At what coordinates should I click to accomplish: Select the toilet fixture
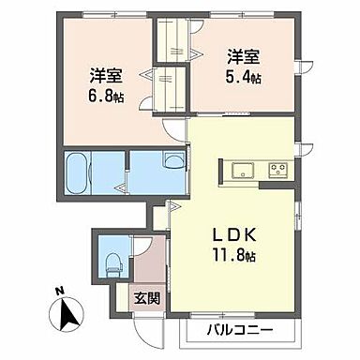[112, 262]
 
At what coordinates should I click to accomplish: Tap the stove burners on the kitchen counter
[277, 170]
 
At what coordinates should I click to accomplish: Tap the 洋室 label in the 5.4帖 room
[242, 52]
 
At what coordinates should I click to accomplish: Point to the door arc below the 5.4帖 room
[174, 131]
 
